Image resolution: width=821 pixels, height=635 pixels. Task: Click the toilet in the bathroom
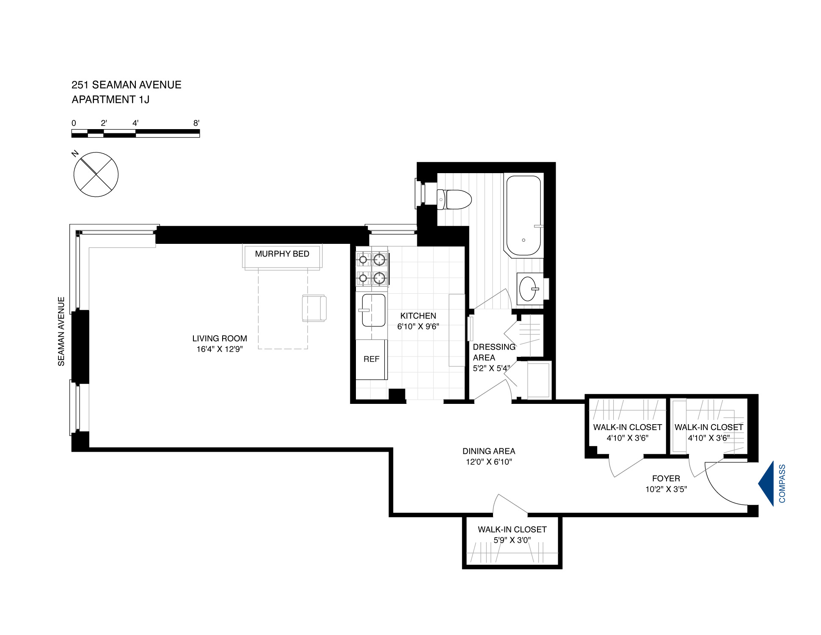(x=455, y=199)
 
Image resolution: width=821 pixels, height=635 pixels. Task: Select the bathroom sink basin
(x=528, y=289)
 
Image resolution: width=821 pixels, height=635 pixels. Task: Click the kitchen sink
(x=373, y=310)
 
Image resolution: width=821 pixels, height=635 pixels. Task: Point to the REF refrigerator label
(x=371, y=359)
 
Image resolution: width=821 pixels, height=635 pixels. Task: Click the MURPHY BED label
(x=282, y=254)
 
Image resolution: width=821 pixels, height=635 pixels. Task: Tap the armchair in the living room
(x=314, y=308)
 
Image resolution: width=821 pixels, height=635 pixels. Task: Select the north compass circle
(x=96, y=174)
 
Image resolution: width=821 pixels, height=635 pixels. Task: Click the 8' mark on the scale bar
(x=196, y=123)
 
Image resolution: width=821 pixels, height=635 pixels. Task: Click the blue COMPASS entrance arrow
(x=767, y=483)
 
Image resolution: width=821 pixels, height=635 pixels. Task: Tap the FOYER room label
(x=666, y=478)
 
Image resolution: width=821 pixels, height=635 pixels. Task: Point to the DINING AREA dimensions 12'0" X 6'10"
(x=489, y=462)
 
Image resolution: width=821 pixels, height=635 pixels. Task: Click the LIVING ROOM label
(x=219, y=338)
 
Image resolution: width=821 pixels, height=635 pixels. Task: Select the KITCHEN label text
(x=418, y=316)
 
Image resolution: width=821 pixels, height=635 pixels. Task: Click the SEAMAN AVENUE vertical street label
(x=61, y=331)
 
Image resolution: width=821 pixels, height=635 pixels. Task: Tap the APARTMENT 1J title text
(x=110, y=99)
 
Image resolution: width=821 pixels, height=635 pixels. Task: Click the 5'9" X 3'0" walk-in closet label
(x=512, y=540)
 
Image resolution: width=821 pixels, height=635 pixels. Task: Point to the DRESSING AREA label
(x=494, y=352)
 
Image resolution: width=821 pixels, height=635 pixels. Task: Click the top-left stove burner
(x=363, y=260)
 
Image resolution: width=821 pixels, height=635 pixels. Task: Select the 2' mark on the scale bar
(x=104, y=123)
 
